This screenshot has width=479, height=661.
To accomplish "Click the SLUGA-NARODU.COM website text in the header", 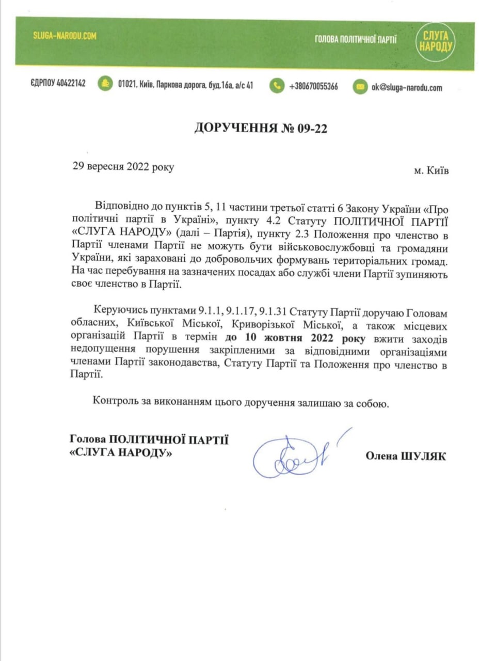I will coord(65,36).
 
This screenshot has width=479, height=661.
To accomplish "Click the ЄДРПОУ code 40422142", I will coord(58,84).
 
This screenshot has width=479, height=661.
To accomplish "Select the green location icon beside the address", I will coord(105,84).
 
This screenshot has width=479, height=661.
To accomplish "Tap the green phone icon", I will coord(277,86).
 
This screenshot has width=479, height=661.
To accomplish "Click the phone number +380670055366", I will coord(314,86).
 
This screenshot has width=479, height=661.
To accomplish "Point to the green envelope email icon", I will coord(360,87).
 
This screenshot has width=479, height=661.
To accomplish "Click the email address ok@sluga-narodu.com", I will coord(407,87).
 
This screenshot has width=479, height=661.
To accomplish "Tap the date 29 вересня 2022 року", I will coord(123,167).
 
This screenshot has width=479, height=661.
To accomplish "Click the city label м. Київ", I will coord(431,170).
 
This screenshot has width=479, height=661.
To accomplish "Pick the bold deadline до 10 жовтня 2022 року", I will coord(295,339).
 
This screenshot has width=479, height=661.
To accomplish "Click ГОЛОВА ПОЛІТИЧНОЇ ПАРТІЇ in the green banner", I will coord(356,40).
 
